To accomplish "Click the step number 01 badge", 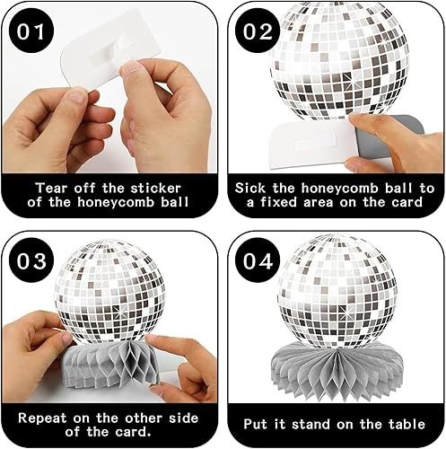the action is click(x=31, y=31).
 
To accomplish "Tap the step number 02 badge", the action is click(x=258, y=31).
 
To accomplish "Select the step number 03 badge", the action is click(x=31, y=261).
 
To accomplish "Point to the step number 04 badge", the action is click(x=258, y=261).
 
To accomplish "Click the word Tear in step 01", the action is click(x=51, y=189).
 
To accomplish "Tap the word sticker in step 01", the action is click(x=156, y=189).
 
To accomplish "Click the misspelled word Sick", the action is click(x=250, y=189).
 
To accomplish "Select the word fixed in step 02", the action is click(x=279, y=202).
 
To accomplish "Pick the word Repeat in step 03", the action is click(x=42, y=418).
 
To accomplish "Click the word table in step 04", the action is click(x=407, y=424).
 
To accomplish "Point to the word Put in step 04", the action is click(x=257, y=425).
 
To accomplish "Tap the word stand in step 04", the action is click(x=310, y=425).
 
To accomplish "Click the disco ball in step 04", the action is click(x=337, y=291).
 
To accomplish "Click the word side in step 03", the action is click(x=184, y=418).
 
